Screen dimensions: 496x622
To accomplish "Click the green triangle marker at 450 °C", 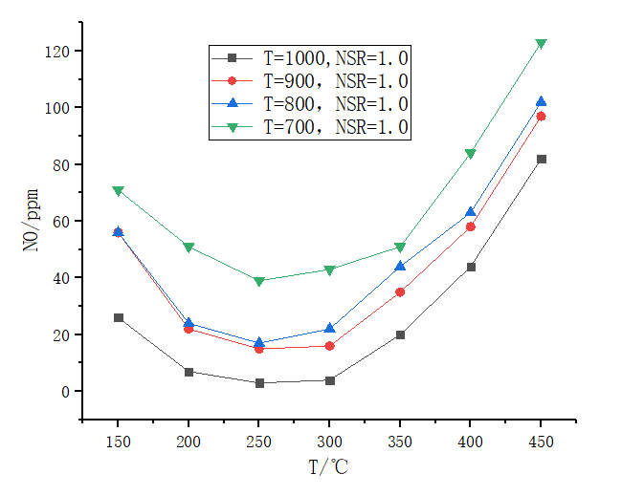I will pyautogui.click(x=541, y=44).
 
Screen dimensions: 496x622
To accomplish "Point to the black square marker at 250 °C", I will pyautogui.click(x=258, y=383).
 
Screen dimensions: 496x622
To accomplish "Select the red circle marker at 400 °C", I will pyautogui.click(x=470, y=226).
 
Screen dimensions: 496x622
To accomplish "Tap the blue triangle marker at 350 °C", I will pyautogui.click(x=400, y=266).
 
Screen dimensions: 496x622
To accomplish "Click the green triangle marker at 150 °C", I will pyautogui.click(x=118, y=191).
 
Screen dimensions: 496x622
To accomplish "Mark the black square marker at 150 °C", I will pyautogui.click(x=118, y=317).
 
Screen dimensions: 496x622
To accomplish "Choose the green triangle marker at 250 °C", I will pyautogui.click(x=258, y=281).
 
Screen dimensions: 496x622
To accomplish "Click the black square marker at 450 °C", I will pyautogui.click(x=541, y=159).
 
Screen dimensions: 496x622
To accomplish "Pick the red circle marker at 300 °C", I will pyautogui.click(x=329, y=346).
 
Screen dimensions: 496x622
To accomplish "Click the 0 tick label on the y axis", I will pyautogui.click(x=64, y=392).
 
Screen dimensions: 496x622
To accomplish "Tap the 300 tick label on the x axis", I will pyautogui.click(x=329, y=444).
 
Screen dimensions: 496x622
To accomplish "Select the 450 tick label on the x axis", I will pyautogui.click(x=541, y=444).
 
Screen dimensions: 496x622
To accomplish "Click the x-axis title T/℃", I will pyautogui.click(x=329, y=468).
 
